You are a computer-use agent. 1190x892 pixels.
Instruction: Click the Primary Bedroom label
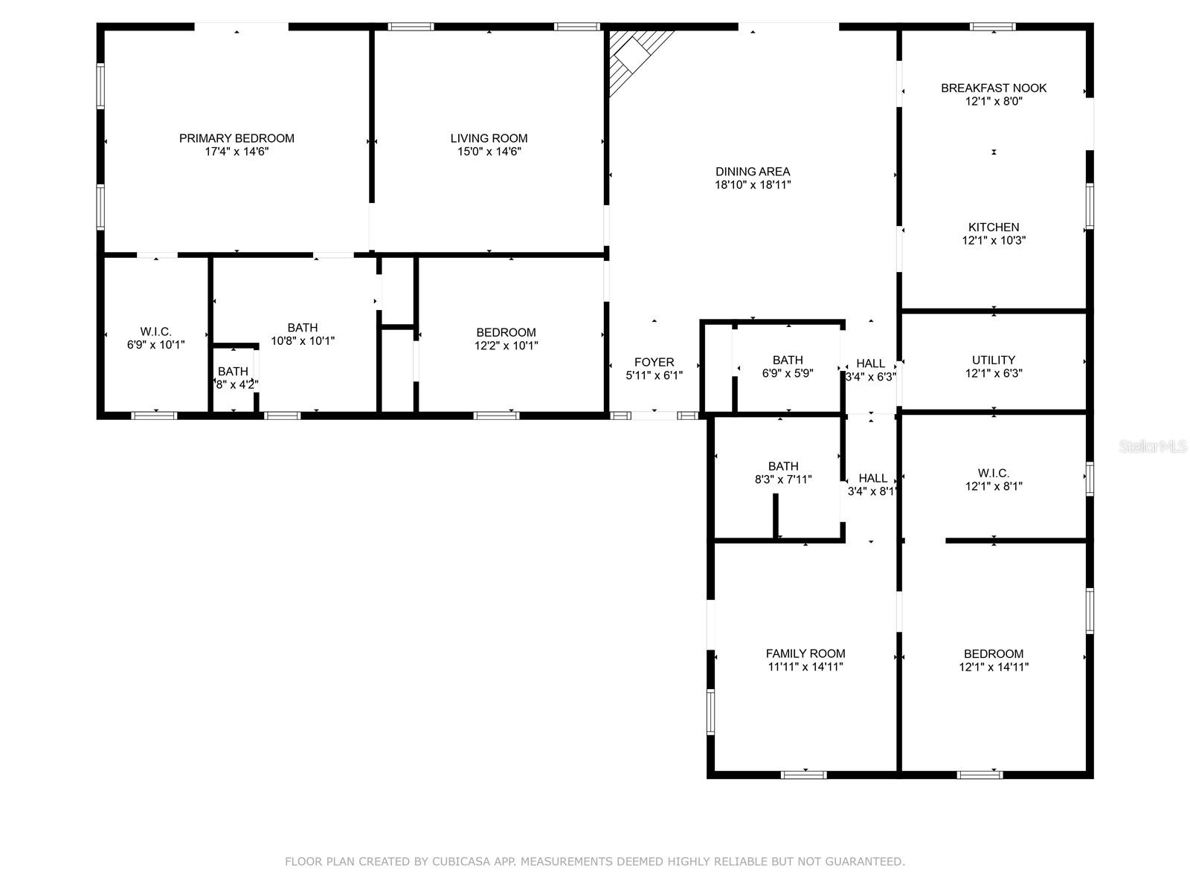[237, 138]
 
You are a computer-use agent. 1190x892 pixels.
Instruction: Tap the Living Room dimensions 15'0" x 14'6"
[489, 152]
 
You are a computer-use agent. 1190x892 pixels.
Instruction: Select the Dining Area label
[753, 172]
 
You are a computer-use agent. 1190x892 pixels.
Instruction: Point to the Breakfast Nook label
[993, 88]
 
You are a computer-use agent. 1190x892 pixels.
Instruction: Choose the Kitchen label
[993, 227]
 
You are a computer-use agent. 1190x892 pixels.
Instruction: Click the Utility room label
[993, 361]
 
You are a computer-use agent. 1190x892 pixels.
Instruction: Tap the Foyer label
[654, 362]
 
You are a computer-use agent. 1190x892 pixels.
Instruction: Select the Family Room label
[805, 653]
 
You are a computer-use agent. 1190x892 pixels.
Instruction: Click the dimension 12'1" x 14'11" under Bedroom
[993, 668]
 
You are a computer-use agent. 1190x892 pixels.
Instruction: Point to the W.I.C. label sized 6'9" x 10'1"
[155, 332]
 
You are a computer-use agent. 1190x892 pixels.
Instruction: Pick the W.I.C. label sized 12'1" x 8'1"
[993, 474]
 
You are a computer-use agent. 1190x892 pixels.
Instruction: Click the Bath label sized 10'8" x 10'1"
[303, 328]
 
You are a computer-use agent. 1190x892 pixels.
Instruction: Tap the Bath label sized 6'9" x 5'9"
[787, 361]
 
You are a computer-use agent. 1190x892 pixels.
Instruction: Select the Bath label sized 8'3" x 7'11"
[783, 466]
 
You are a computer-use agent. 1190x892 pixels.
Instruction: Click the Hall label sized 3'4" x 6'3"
[870, 363]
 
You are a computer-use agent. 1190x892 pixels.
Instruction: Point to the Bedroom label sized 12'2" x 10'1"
[506, 332]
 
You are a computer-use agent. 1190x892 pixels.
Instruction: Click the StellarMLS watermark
[1153, 447]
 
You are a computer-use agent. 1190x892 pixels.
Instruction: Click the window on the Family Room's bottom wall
[803, 775]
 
